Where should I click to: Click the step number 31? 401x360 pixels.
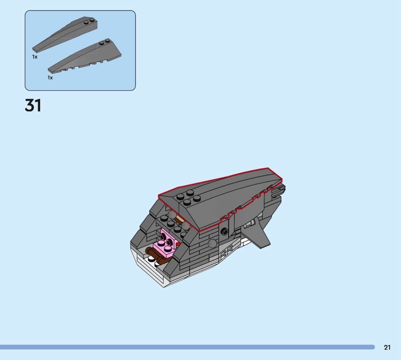click(33, 105)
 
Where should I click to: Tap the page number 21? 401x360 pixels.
click(387, 347)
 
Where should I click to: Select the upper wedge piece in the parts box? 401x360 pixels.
click(65, 35)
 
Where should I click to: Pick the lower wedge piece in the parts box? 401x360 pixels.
click(84, 56)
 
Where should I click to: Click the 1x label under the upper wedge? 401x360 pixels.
click(35, 57)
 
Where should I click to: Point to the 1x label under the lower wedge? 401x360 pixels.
click(50, 78)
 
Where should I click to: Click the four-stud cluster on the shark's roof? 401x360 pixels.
click(188, 198)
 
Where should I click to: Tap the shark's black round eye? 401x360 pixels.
click(225, 231)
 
